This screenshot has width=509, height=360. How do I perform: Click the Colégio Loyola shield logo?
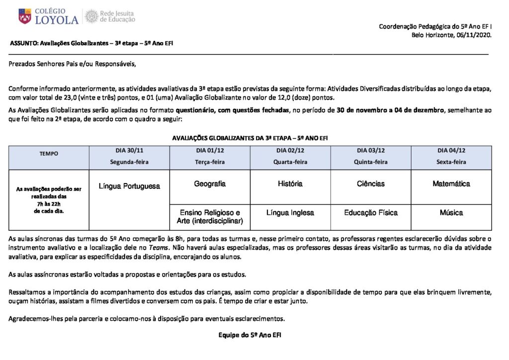(x=24, y=16)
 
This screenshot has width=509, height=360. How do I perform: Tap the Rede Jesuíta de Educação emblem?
(x=91, y=16)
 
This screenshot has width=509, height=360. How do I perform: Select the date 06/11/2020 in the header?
(x=474, y=35)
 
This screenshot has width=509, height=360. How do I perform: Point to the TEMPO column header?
(x=49, y=154)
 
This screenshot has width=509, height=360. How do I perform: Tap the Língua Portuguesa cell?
(x=129, y=186)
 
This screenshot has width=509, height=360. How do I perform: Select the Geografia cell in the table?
(x=210, y=183)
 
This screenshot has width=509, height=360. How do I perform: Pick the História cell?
(x=290, y=183)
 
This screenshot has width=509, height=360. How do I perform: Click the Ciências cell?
(x=371, y=183)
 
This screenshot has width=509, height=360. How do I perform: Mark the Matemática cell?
(x=451, y=183)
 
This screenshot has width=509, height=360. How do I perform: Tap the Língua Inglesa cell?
(x=290, y=213)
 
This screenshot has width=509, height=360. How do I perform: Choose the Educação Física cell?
(x=371, y=213)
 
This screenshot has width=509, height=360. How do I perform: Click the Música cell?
(x=451, y=213)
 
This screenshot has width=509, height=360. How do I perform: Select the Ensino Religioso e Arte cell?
(x=210, y=216)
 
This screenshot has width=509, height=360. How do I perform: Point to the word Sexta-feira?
(x=451, y=162)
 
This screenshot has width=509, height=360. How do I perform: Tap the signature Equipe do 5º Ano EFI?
(x=250, y=335)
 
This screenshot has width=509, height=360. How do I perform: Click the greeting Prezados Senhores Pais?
(x=72, y=64)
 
